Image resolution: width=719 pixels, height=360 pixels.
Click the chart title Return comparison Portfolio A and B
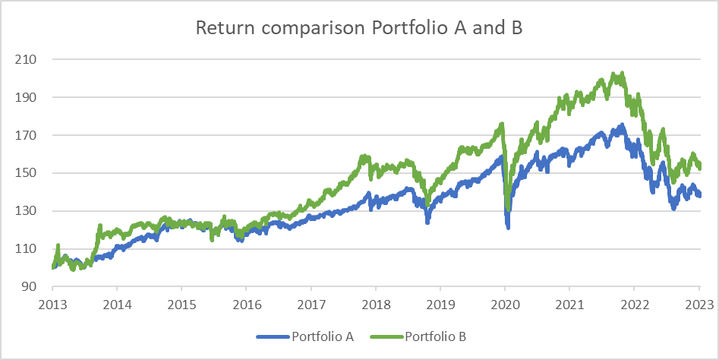click(x=359, y=29)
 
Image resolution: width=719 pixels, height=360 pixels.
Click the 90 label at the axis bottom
click(x=29, y=287)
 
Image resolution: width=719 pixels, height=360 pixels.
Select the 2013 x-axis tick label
click(x=52, y=305)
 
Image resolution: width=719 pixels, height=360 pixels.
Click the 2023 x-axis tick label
click(x=699, y=305)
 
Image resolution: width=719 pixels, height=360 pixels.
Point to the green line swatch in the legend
click(x=387, y=336)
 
